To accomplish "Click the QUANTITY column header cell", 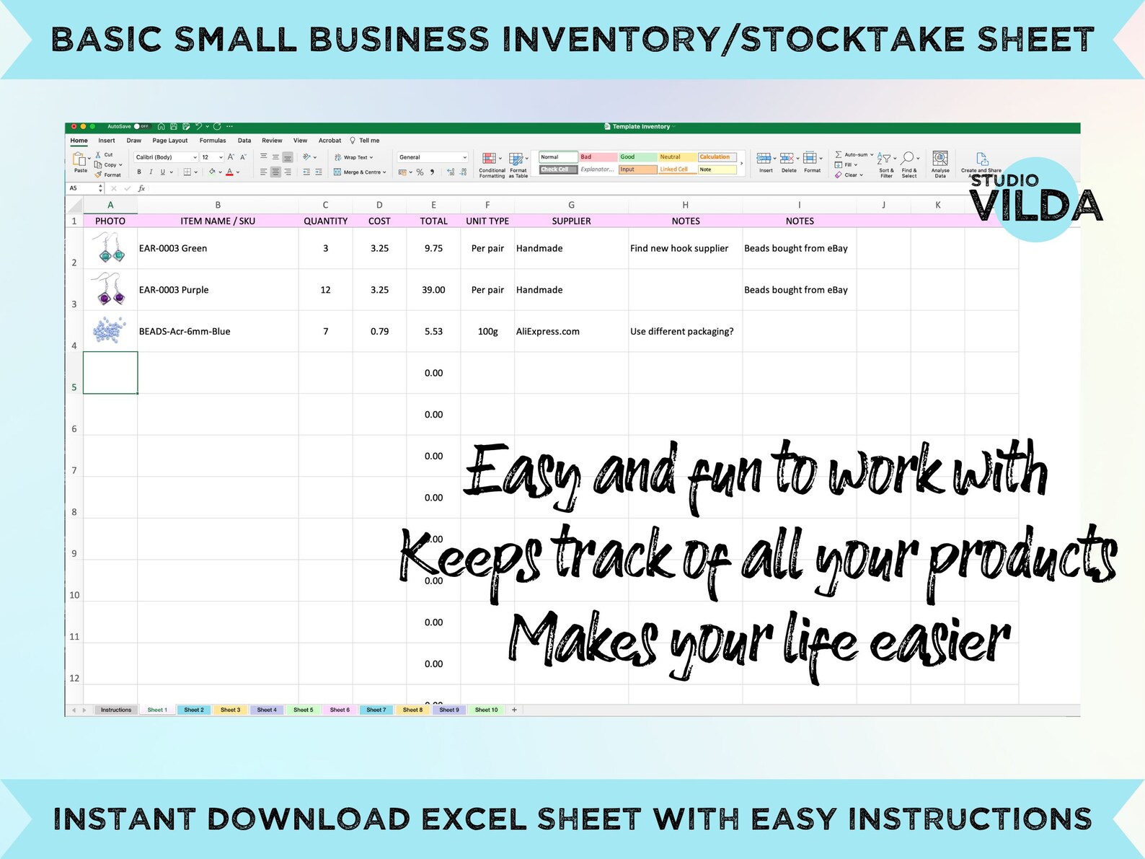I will click(x=325, y=221).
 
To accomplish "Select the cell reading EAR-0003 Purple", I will click(x=174, y=290).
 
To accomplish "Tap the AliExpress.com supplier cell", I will click(x=547, y=332).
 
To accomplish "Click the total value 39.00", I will click(x=433, y=290).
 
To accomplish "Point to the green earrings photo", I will click(x=110, y=247).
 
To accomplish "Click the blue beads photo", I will click(x=110, y=330).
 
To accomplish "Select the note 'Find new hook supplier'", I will click(x=679, y=248).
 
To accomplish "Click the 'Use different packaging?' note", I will click(x=681, y=332).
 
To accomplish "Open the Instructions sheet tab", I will click(x=116, y=710).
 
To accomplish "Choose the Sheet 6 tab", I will click(x=340, y=710).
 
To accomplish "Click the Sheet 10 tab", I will click(x=486, y=710).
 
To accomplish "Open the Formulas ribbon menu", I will click(x=213, y=141).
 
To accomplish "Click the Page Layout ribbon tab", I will click(x=170, y=141).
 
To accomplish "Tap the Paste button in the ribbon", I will click(x=80, y=162).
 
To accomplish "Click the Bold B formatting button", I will click(x=139, y=172).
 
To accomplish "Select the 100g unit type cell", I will click(x=487, y=332).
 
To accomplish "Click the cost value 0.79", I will click(x=379, y=332).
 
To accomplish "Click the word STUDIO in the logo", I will click(x=1004, y=180).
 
